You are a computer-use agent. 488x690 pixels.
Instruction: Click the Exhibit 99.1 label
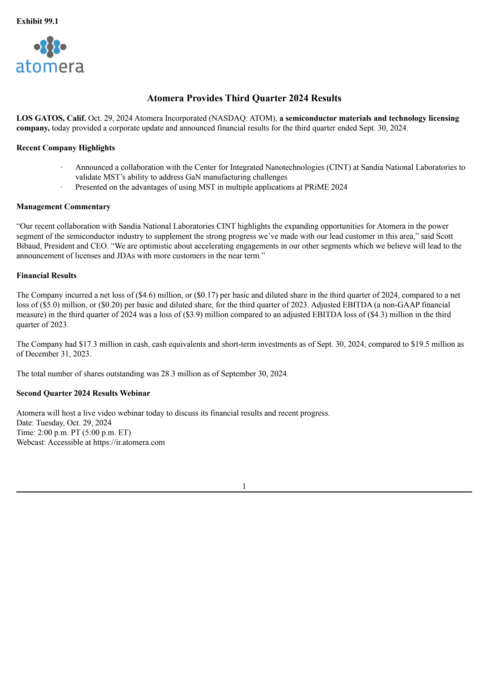(x=37, y=21)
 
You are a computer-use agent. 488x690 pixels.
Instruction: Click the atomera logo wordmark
(x=50, y=67)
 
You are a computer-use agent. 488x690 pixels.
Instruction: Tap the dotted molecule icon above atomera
(x=50, y=47)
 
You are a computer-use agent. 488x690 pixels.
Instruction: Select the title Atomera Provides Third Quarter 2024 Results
(x=244, y=98)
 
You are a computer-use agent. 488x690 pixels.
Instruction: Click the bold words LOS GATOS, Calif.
(x=51, y=118)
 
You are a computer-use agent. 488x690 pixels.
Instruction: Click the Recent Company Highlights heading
(x=66, y=148)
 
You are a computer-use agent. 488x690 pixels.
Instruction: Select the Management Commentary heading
(x=63, y=207)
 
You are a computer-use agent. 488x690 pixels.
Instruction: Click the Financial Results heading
(x=46, y=276)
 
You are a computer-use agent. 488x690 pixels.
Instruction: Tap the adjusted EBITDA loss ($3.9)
(x=193, y=315)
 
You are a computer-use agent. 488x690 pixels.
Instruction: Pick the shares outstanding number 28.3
(x=168, y=374)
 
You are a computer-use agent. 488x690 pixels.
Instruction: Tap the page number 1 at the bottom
(x=244, y=487)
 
